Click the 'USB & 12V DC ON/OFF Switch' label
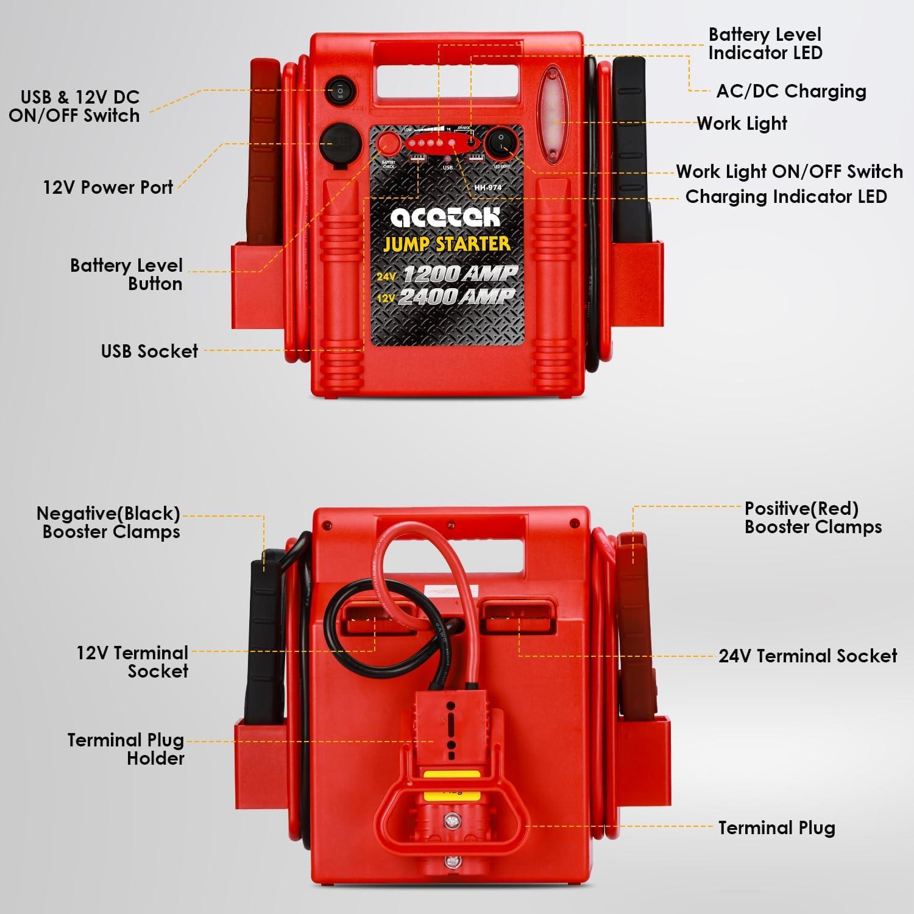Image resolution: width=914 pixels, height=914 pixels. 74,106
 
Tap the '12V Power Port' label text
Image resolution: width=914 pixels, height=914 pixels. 108,187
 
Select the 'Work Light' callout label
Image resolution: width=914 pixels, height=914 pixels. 742,123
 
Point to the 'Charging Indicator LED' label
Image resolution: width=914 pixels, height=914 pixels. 785,196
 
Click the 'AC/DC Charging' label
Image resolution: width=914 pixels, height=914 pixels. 791,91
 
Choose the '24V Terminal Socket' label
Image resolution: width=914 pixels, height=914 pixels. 807,656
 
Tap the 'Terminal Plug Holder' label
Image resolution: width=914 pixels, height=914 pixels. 126,749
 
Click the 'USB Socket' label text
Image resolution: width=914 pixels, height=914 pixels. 149,351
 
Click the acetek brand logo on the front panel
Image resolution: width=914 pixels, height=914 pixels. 445,216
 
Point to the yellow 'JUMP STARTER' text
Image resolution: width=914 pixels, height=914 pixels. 447,244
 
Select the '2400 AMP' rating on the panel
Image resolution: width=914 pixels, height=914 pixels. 456,297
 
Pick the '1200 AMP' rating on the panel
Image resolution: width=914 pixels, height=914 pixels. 459,274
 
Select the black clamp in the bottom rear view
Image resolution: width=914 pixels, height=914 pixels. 263,640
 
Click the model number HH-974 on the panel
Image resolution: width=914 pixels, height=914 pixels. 487,188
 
